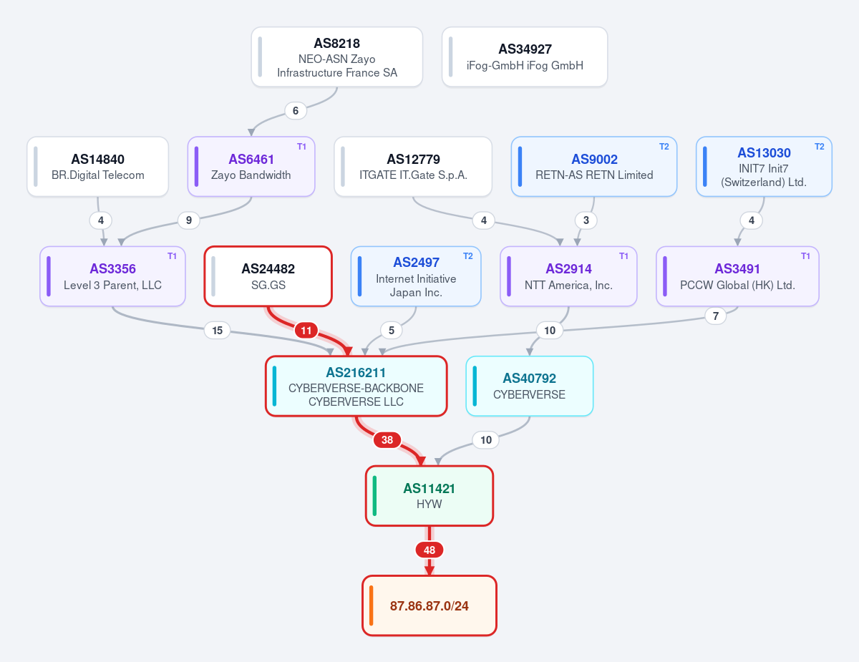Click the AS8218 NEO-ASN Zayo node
tap(337, 57)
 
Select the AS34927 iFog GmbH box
tap(525, 57)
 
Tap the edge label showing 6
tap(296, 111)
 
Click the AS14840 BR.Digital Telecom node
tap(97, 166)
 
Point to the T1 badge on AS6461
tap(301, 147)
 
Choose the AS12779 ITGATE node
tap(413, 166)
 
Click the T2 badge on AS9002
tap(664, 147)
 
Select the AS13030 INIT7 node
tap(764, 166)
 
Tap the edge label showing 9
tap(188, 220)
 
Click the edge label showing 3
tap(586, 220)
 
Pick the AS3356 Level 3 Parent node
tap(112, 276)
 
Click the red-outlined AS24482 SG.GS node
tap(268, 276)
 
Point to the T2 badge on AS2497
tap(468, 256)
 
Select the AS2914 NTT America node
tap(568, 276)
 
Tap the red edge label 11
tap(306, 331)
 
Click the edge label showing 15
tap(217, 331)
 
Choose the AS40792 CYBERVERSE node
tap(529, 386)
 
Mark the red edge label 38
tap(387, 440)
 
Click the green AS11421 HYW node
tap(429, 496)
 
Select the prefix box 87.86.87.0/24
tap(429, 605)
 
